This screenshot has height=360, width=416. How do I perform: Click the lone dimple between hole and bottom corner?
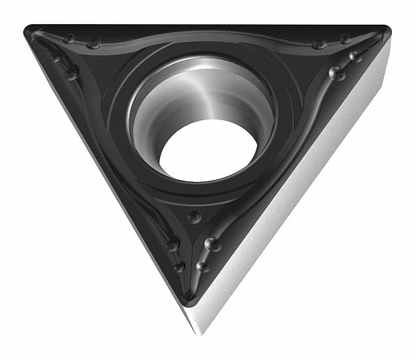[x=195, y=216]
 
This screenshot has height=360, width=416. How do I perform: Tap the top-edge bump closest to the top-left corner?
[x=70, y=39]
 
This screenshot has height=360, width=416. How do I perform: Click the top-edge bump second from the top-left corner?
[x=94, y=44]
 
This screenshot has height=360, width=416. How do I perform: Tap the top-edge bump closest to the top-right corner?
[x=344, y=40]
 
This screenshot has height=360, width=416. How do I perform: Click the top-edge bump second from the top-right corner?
[x=319, y=44]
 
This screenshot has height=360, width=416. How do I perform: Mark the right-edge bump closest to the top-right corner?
[x=355, y=56]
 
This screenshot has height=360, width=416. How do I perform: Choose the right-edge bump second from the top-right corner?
[x=336, y=73]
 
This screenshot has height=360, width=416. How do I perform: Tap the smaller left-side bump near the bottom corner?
[x=180, y=266]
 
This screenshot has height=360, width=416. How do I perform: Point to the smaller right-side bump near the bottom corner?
[x=203, y=266]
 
